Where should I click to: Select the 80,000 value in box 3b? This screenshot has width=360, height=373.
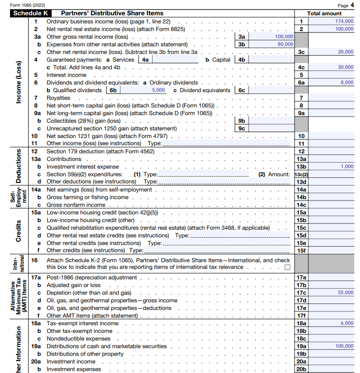pyautogui.click(x=285, y=44)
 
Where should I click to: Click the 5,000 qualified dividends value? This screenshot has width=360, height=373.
pyautogui.click(x=158, y=90)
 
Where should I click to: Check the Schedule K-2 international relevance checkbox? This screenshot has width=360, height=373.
pyautogui.click(x=287, y=267)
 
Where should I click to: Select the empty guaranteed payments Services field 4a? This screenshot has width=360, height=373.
pyautogui.click(x=175, y=60)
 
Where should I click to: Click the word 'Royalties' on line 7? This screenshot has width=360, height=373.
pyautogui.click(x=58, y=98)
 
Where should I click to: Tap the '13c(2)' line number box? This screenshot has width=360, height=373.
pyautogui.click(x=301, y=174)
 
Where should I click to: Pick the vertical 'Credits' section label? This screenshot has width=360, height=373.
pyautogui.click(x=18, y=231)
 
